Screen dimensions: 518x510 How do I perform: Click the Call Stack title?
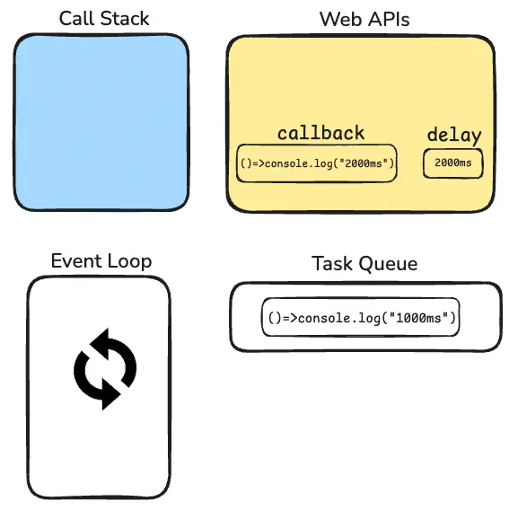click(x=104, y=19)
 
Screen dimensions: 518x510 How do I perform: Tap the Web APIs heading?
click(x=364, y=19)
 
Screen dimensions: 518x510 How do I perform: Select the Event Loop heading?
click(x=101, y=261)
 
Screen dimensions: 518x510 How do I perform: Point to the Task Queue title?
click(x=364, y=264)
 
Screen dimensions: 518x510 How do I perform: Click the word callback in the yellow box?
click(x=320, y=133)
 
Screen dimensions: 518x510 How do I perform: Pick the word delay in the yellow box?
click(x=454, y=136)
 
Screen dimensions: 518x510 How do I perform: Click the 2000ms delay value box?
click(x=453, y=163)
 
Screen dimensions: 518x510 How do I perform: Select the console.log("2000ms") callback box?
click(x=317, y=163)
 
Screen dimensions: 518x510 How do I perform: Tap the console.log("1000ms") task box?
click(x=360, y=317)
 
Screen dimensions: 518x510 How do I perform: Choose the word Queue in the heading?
click(x=388, y=264)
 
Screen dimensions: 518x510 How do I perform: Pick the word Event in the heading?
click(x=76, y=261)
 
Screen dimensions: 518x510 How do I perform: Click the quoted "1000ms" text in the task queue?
click(x=419, y=318)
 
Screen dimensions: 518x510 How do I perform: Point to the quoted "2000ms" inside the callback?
click(x=364, y=163)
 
